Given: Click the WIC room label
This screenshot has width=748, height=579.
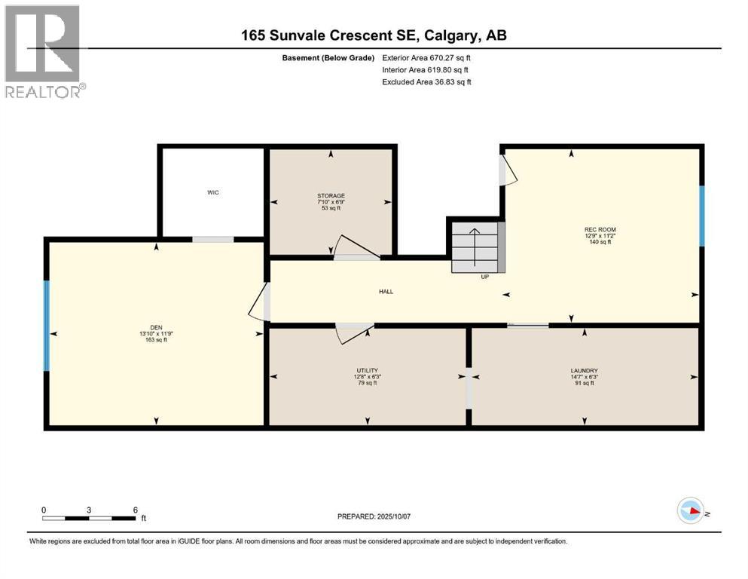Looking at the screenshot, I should (x=214, y=192).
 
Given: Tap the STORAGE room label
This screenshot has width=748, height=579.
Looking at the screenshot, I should (x=331, y=196).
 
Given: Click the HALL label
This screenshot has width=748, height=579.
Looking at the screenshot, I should (x=386, y=292).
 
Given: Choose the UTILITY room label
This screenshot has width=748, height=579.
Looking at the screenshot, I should (x=367, y=371).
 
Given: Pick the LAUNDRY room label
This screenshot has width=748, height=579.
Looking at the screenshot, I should (x=584, y=371).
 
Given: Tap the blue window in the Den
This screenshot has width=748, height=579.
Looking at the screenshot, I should (x=47, y=326).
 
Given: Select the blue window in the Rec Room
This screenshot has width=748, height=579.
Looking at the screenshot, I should (x=701, y=216).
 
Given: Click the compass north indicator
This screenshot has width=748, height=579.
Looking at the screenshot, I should (x=691, y=511).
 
